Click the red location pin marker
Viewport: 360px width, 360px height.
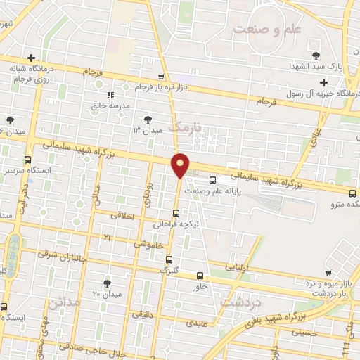click(x=181, y=165)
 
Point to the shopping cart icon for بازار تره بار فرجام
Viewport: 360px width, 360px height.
click(x=162, y=76)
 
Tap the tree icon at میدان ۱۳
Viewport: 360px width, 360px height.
click(x=148, y=120)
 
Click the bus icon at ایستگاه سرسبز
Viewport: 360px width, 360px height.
click(x=27, y=159)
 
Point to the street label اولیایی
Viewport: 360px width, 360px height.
click(x=236, y=267)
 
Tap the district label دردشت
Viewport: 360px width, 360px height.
click(x=240, y=300)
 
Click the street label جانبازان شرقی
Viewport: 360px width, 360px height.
click(x=65, y=255)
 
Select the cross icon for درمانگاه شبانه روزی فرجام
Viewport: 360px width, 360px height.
click(x=31, y=58)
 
